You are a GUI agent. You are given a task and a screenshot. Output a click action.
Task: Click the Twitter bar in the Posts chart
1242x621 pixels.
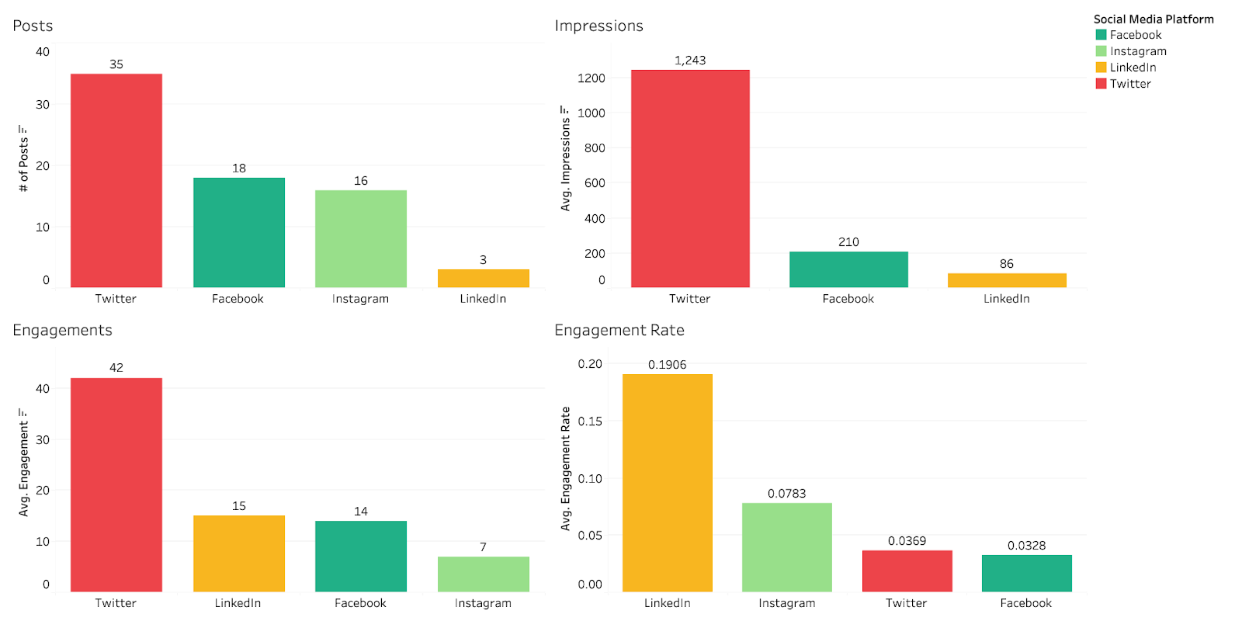[x=116, y=180]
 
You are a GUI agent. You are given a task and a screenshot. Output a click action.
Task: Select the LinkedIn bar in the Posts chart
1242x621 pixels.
[x=483, y=278]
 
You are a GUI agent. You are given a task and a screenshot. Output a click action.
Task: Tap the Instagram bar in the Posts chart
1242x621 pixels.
[x=361, y=238]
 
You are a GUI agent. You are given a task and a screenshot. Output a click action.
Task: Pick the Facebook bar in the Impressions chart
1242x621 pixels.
[x=848, y=269]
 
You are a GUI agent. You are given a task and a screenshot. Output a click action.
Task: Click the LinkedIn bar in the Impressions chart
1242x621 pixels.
[x=1007, y=280]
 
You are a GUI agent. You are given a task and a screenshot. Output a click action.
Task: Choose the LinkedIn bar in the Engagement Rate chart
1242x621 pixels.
[x=668, y=483]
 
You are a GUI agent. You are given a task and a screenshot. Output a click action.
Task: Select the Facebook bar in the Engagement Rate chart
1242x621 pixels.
[x=1026, y=573]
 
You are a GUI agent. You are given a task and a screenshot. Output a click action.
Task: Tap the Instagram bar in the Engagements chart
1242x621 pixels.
[x=483, y=574]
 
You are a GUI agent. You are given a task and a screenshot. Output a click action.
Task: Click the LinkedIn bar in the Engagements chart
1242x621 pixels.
[x=239, y=553]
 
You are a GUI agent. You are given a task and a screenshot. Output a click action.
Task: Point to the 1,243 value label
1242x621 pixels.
[x=690, y=61]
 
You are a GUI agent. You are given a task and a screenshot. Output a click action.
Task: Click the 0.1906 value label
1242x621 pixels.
[x=668, y=365]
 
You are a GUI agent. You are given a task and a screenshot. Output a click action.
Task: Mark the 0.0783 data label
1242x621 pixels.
[x=787, y=494]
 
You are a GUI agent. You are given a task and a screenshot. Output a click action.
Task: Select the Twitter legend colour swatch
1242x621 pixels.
[x=1101, y=84]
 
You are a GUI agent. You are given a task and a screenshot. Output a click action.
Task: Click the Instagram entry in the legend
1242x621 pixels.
[x=1138, y=51]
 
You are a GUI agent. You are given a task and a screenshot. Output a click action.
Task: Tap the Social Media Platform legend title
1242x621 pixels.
[x=1154, y=19]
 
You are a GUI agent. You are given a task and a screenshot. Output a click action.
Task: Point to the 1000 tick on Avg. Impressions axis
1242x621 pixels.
[x=592, y=113]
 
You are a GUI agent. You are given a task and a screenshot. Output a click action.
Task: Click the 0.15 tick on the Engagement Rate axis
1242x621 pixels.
[x=590, y=422]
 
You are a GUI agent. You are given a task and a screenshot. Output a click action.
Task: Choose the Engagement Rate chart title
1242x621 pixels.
[x=619, y=330]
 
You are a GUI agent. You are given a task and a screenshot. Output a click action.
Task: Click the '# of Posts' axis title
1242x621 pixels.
[x=23, y=159]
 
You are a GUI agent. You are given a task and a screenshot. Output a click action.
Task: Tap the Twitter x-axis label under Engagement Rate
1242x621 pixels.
[x=907, y=603]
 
